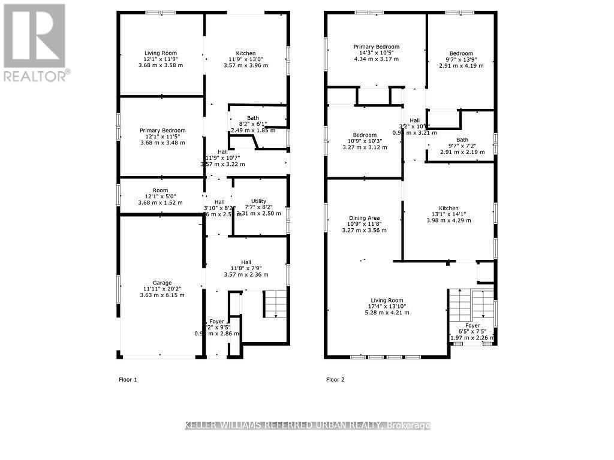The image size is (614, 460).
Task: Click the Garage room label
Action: click(x=162, y=283)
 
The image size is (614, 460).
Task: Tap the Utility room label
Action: click(x=258, y=201)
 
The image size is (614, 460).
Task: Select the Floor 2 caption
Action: click(x=335, y=379)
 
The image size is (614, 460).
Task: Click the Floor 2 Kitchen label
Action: click(x=449, y=208)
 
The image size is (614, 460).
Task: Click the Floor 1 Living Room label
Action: click(x=161, y=53)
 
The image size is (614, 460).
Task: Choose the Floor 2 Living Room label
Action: click(x=387, y=301)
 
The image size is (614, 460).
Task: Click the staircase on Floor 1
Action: click(x=275, y=304)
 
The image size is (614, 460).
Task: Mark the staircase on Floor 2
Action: click(x=471, y=305)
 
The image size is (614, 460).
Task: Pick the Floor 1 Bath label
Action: click(x=253, y=118)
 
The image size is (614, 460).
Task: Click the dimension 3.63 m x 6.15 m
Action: click(x=162, y=295)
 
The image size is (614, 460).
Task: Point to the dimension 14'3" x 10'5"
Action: click(x=376, y=53)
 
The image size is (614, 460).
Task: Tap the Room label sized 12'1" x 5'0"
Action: click(x=160, y=190)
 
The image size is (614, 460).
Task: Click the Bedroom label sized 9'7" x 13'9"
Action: click(x=461, y=53)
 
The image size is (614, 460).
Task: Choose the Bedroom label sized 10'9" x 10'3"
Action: click(x=365, y=135)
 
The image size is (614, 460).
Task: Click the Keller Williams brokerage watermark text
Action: click(x=307, y=425)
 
